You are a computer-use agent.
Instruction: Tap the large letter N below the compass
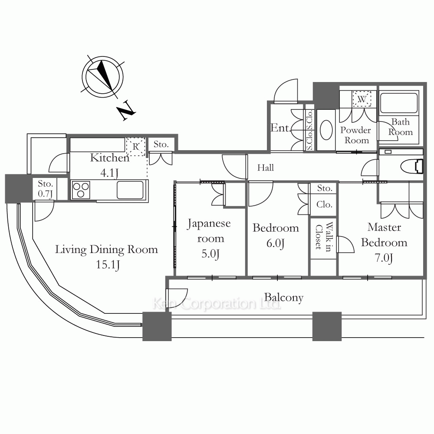pos(126,111)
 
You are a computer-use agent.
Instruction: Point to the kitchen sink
pos(130,190)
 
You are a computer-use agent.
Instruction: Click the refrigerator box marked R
pos(135,147)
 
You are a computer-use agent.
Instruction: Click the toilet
pos(412,165)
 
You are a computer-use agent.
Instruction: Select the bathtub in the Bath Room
pos(399,103)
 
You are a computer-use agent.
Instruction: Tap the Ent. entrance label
pos(279,128)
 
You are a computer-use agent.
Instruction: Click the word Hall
pos(265,168)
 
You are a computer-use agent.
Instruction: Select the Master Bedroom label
pos(384,235)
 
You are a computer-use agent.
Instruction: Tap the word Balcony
pos(283,298)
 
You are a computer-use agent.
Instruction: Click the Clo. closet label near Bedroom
pos(324,204)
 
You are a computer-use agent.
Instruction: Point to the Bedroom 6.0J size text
pos(275,243)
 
